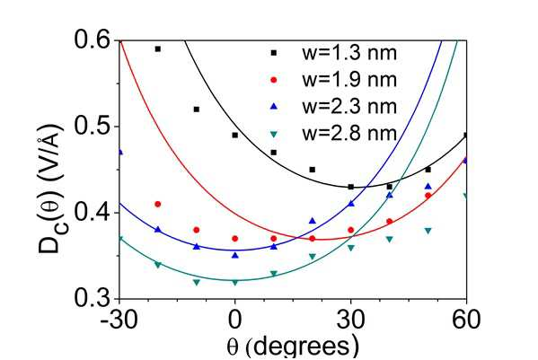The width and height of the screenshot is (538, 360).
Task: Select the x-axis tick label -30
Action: [x=119, y=320]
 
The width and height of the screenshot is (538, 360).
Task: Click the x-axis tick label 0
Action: [x=235, y=320]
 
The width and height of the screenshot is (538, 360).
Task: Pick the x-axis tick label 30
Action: [x=350, y=320]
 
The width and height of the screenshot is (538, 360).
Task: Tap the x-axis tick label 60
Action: [x=466, y=320]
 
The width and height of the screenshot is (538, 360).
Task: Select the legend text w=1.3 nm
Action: [x=349, y=53]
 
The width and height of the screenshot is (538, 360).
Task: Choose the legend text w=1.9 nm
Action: [x=349, y=80]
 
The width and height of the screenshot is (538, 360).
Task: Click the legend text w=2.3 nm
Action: [x=349, y=107]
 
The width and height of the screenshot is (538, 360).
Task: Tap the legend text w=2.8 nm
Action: [x=349, y=134]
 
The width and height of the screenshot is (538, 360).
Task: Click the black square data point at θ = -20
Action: [x=158, y=49]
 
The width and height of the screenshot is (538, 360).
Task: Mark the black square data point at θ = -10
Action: [x=197, y=110]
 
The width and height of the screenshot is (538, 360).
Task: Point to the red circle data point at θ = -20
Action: [x=158, y=204]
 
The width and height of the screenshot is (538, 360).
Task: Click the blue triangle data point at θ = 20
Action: [x=313, y=221]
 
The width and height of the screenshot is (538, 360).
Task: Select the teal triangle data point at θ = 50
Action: [x=428, y=231]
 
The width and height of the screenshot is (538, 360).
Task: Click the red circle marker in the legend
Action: [x=273, y=80]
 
